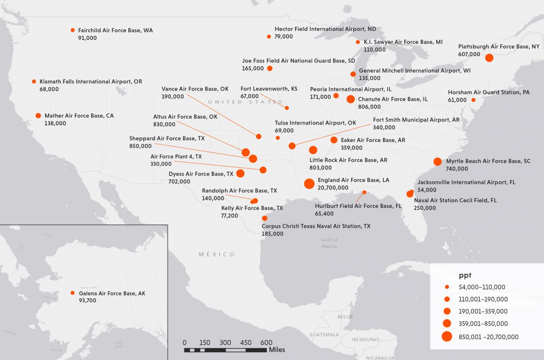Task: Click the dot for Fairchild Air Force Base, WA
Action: (73, 30)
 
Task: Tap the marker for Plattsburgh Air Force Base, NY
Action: (489, 58)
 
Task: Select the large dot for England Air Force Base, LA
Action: (309, 184)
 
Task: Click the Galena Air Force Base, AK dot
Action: (73, 293)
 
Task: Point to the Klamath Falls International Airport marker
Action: (34, 81)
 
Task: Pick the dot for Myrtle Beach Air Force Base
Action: (437, 162)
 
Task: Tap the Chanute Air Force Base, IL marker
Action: (351, 99)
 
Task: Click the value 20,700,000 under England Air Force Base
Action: (333, 187)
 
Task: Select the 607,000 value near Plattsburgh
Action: (469, 54)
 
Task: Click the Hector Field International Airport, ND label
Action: (325, 29)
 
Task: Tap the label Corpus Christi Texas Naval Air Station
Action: (316, 226)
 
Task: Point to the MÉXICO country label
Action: (217, 254)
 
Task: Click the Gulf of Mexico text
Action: (329, 243)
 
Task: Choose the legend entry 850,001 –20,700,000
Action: (489, 337)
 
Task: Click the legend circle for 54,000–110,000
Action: (447, 287)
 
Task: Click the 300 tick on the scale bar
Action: (225, 343)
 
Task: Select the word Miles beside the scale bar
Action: (277, 350)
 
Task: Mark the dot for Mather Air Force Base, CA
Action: (38, 116)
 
